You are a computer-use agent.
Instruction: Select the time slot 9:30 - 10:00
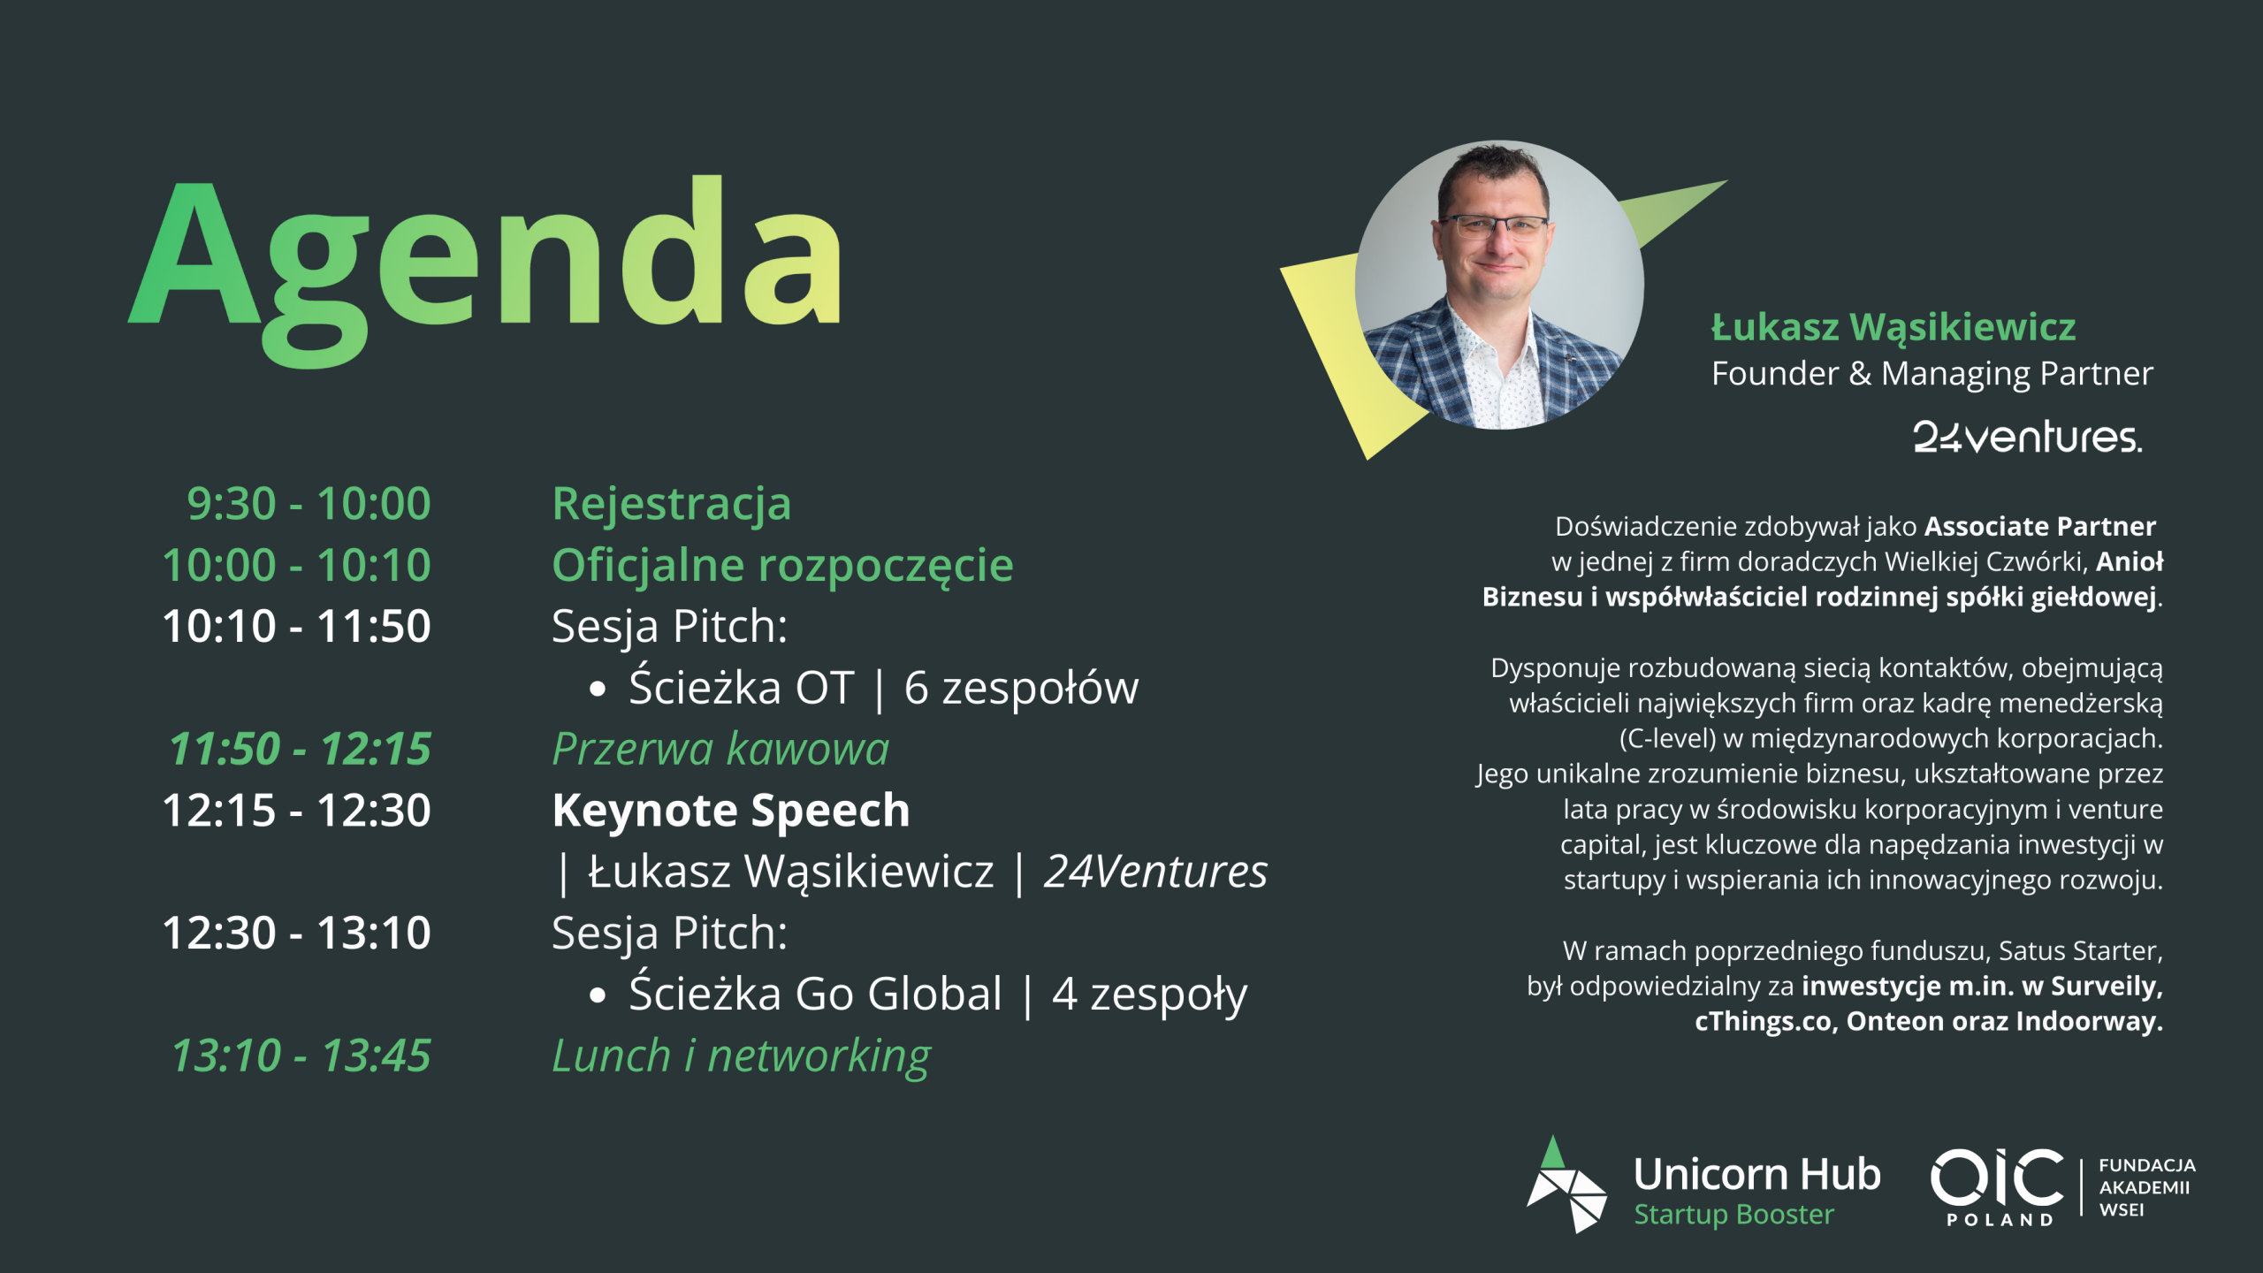[309, 504]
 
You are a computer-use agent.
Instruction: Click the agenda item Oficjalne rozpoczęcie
[782, 567]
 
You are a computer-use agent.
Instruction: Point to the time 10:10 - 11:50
[297, 626]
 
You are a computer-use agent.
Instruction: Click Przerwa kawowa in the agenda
[720, 749]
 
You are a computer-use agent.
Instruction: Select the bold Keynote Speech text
[731, 812]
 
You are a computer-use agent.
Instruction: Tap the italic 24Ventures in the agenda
[1155, 872]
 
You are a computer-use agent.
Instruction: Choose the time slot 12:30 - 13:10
[297, 933]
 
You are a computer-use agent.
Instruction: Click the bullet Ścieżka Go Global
[816, 994]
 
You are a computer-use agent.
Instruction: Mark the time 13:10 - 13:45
[301, 1056]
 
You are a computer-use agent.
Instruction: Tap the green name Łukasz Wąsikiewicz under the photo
[1893, 328]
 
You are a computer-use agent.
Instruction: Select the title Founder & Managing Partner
[1932, 374]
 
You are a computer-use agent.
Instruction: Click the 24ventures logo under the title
[2028, 437]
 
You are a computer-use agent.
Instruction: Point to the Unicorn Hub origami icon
[1566, 1185]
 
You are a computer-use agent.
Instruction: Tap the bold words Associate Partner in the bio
[2040, 527]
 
